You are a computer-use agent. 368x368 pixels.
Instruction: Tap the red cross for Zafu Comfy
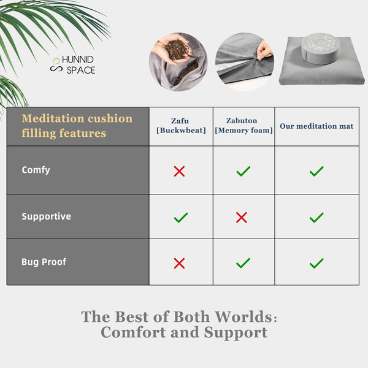tap(179, 172)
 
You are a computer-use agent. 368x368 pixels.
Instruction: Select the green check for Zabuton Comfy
tap(243, 172)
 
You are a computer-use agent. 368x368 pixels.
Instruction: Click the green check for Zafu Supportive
tap(180, 217)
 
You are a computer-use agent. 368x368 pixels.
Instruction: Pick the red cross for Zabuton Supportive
tap(242, 217)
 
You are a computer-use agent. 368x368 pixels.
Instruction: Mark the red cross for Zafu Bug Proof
tap(179, 263)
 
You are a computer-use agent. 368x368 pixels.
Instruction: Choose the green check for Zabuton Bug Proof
tap(243, 263)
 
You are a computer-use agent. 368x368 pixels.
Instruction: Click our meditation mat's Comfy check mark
tap(316, 172)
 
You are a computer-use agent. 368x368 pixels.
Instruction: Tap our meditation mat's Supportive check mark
tap(316, 217)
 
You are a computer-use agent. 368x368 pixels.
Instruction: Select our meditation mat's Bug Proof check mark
tap(316, 263)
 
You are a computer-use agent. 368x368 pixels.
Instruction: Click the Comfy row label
tap(36, 170)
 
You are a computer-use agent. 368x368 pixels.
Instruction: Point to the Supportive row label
tap(46, 217)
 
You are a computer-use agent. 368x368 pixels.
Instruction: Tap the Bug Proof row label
tap(44, 262)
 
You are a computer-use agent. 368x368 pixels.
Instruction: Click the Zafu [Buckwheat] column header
tap(180, 125)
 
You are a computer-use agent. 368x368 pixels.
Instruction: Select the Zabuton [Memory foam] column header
tap(243, 125)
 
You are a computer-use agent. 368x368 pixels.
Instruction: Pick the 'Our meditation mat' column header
tap(316, 126)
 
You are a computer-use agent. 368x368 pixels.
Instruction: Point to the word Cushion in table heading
tap(110, 118)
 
